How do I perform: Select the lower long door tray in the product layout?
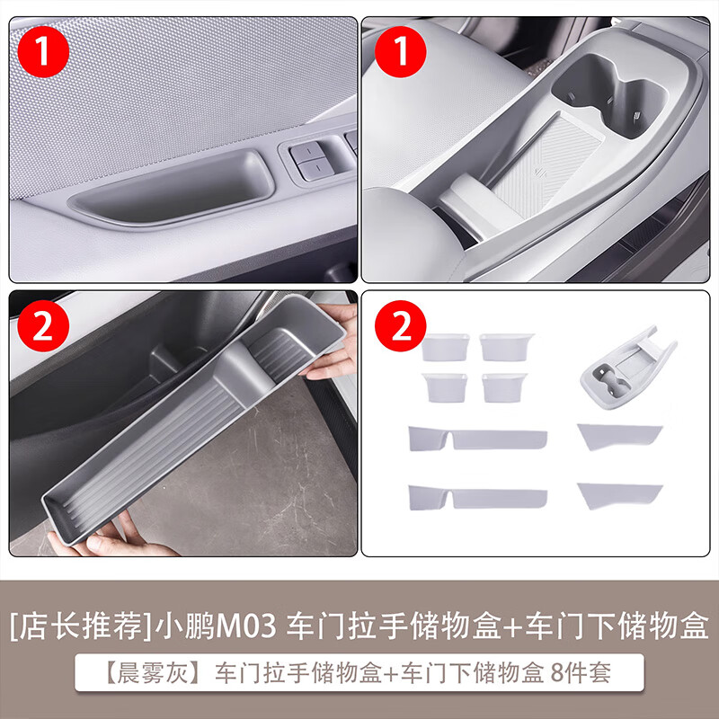[x=476, y=497]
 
